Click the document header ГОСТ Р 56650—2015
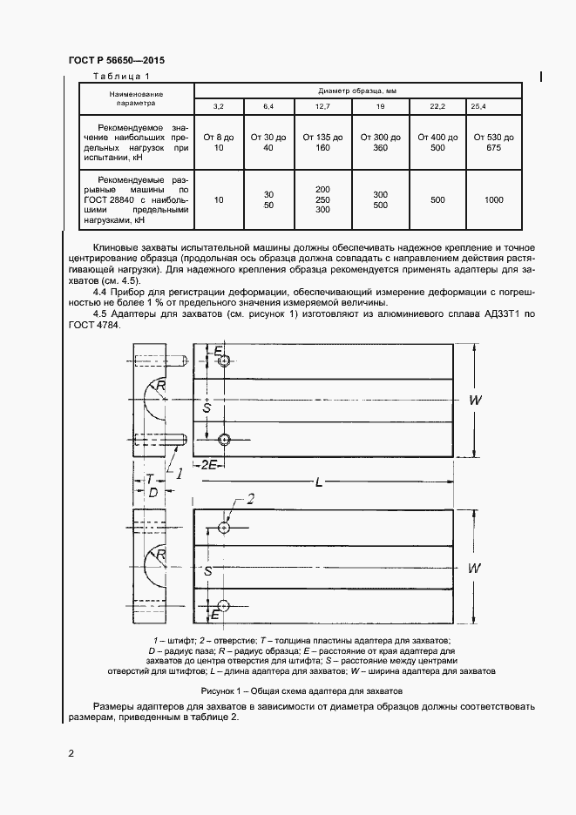tap(116, 61)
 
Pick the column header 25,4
tap(479, 106)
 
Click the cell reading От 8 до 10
tap(219, 143)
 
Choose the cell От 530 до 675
tap(493, 143)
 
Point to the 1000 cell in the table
tap(493, 199)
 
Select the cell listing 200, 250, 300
tap(322, 199)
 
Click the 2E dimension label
tap(209, 465)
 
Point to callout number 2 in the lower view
tap(250, 499)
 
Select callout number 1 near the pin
tap(179, 474)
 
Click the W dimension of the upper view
tap(476, 400)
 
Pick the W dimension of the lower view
tap(476, 568)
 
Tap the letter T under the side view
tap(150, 479)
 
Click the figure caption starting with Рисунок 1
tap(288, 690)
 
